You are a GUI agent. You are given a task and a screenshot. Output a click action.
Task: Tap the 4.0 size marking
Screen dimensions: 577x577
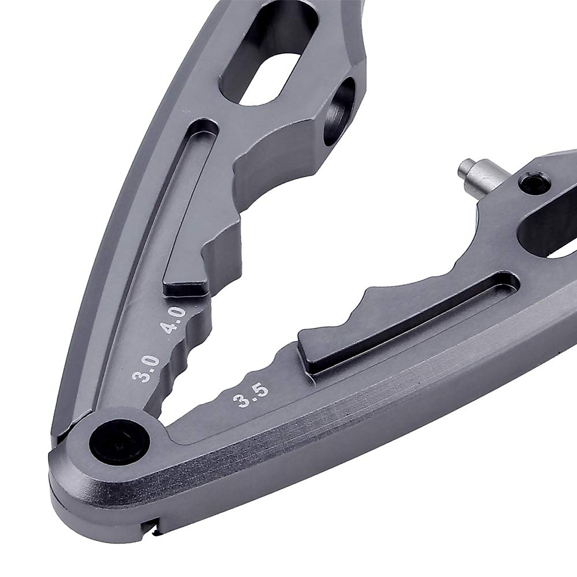[173, 321]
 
